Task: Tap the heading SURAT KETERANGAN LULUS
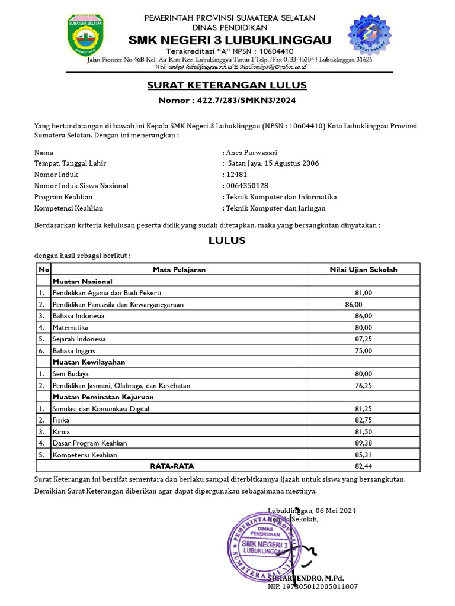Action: click(x=227, y=86)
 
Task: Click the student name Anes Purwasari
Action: click(x=252, y=152)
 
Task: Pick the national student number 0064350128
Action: click(x=247, y=186)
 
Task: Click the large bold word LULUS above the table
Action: click(x=227, y=241)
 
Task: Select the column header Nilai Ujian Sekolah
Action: click(x=363, y=269)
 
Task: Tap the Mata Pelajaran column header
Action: click(x=179, y=269)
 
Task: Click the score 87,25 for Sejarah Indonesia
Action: click(x=363, y=339)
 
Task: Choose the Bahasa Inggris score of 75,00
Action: click(x=363, y=350)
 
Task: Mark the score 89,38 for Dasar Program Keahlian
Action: click(x=363, y=443)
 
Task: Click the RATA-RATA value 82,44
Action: click(x=363, y=466)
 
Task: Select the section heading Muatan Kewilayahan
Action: click(x=89, y=362)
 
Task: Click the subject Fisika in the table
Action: click(x=61, y=420)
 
